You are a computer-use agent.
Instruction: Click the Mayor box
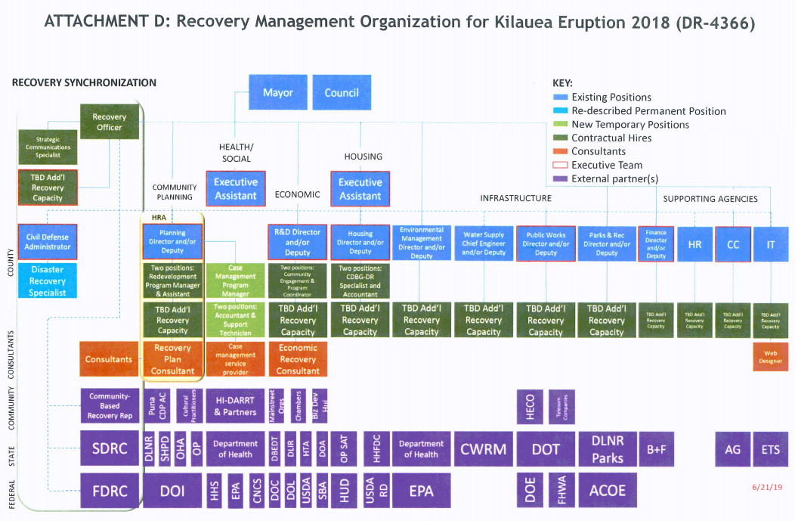pos(277,93)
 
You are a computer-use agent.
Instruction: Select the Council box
pos(342,93)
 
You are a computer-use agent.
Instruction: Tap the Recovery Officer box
pos(110,122)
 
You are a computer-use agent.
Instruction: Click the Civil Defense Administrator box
pos(48,242)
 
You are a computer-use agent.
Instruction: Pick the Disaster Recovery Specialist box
pos(48,281)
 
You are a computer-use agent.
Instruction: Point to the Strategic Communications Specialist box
pos(48,147)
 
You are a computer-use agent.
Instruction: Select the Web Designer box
pos(770,356)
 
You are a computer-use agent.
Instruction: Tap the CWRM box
pos(484,449)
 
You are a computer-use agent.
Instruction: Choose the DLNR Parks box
pos(607,449)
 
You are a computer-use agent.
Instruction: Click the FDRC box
pos(109,490)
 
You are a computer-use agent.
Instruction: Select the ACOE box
pos(607,490)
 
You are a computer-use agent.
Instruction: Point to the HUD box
pos(344,490)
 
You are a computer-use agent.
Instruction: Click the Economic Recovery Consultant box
pos(299,359)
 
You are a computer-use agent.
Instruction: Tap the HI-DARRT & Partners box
pos(236,407)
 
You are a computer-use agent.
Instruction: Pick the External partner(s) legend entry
pos(614,178)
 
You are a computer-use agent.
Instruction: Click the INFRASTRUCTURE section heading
pos(515,198)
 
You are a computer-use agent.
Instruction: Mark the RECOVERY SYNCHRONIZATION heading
pos(84,82)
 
